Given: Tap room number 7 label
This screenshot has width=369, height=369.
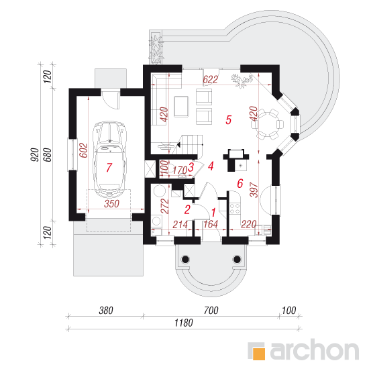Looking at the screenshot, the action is coord(109,168).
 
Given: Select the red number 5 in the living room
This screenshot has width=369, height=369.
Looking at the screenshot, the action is coord(229,120).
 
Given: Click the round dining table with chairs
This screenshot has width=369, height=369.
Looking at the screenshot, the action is coord(268,124).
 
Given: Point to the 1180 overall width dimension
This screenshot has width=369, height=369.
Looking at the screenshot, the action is coord(184,323).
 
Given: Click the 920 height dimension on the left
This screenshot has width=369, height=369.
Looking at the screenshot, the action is coord(35,154).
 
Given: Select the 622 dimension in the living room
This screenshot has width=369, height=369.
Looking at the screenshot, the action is coord(211,80).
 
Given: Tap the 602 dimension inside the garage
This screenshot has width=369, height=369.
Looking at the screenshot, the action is coord(84,150).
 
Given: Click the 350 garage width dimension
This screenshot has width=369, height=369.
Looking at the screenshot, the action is coord(112,204).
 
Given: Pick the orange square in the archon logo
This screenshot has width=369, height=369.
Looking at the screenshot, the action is coord(259,354).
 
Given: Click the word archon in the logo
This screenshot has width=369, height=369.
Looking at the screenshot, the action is coord(315,350).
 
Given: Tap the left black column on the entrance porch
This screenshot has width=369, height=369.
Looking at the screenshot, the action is coord(185,260).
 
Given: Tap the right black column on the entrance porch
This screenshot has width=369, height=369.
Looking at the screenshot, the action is coord(237,260).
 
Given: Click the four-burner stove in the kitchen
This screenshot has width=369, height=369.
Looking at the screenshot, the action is coord(235,209).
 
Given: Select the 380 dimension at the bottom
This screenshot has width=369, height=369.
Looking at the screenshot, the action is coord(106,311).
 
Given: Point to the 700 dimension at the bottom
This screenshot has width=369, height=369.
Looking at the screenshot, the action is coord(211,311).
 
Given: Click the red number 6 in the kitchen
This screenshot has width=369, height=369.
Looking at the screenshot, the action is coord(240,183).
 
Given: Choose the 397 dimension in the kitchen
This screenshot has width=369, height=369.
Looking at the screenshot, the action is coord(254,190).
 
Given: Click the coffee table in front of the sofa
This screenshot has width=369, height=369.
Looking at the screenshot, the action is coord(181,107).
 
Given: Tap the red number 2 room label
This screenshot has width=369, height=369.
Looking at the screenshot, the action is coord(187,210).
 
